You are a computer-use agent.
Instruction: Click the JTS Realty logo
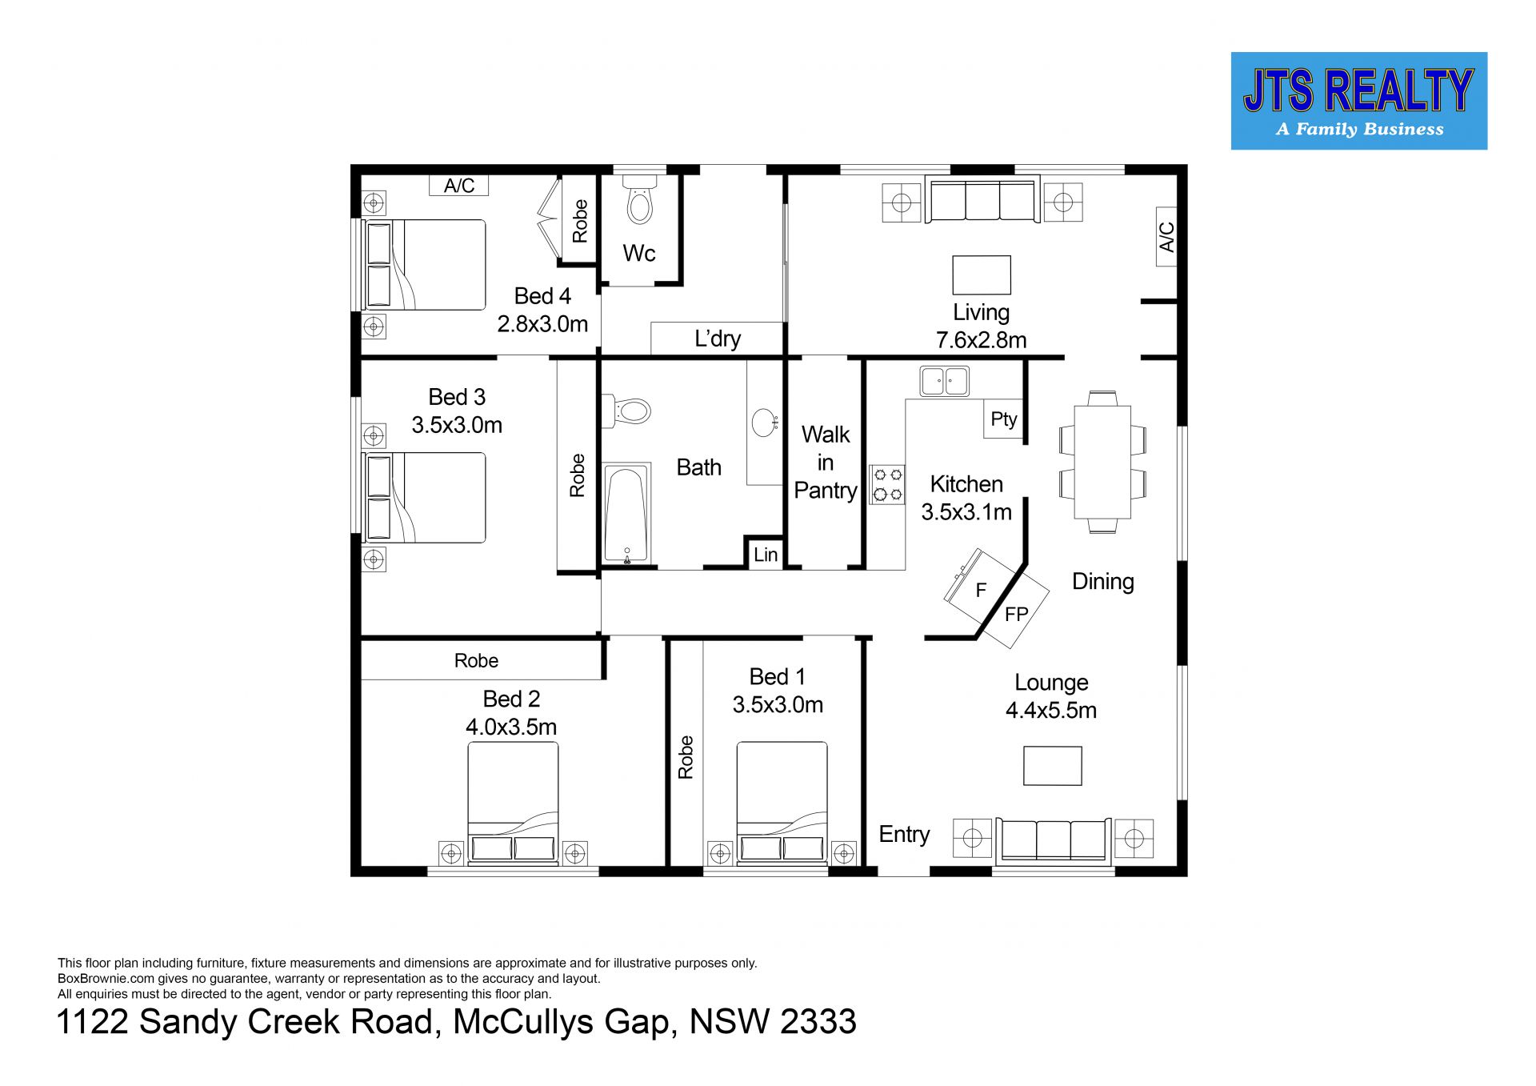click(1358, 101)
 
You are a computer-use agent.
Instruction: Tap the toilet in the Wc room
click(640, 198)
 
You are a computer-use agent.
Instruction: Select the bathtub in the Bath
click(626, 514)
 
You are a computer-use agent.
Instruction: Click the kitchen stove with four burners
click(886, 485)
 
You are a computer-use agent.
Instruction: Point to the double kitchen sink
click(944, 381)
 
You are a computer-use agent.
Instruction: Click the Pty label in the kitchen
click(1004, 419)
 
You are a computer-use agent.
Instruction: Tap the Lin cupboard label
click(766, 555)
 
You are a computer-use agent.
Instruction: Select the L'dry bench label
click(718, 339)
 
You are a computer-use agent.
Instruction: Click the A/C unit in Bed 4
click(459, 186)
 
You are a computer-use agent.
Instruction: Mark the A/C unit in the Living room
click(1166, 237)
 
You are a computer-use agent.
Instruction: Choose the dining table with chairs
click(1102, 462)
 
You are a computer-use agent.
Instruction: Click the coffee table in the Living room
click(982, 275)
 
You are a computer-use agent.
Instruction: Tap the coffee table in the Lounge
click(1053, 766)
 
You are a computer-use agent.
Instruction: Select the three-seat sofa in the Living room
click(982, 198)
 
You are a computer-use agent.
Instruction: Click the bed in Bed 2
click(513, 803)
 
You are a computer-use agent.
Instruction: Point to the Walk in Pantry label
click(826, 463)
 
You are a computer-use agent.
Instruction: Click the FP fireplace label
click(1016, 615)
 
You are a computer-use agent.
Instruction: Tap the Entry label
click(904, 834)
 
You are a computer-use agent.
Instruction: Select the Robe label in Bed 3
click(577, 475)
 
